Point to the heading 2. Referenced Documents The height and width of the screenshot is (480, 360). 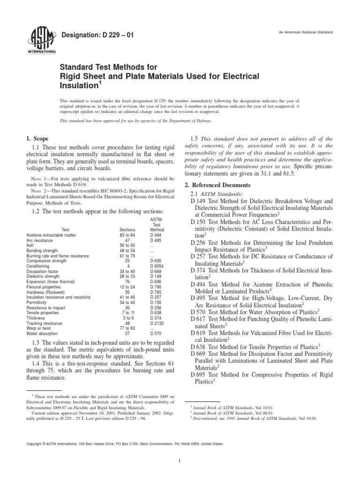pyautogui.click(x=218, y=185)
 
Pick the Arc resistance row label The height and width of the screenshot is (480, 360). pyautogui.click(x=42, y=240)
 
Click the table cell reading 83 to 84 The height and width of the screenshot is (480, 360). pyautogui.click(x=127, y=235)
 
